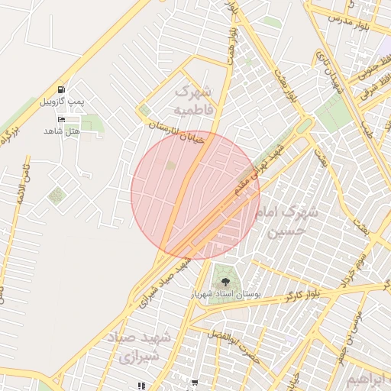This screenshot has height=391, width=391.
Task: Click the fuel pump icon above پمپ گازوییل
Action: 61,89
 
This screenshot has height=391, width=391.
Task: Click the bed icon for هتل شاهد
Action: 62,119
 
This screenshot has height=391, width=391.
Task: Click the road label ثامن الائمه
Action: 22,183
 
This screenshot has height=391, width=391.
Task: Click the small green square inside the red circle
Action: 171,165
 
